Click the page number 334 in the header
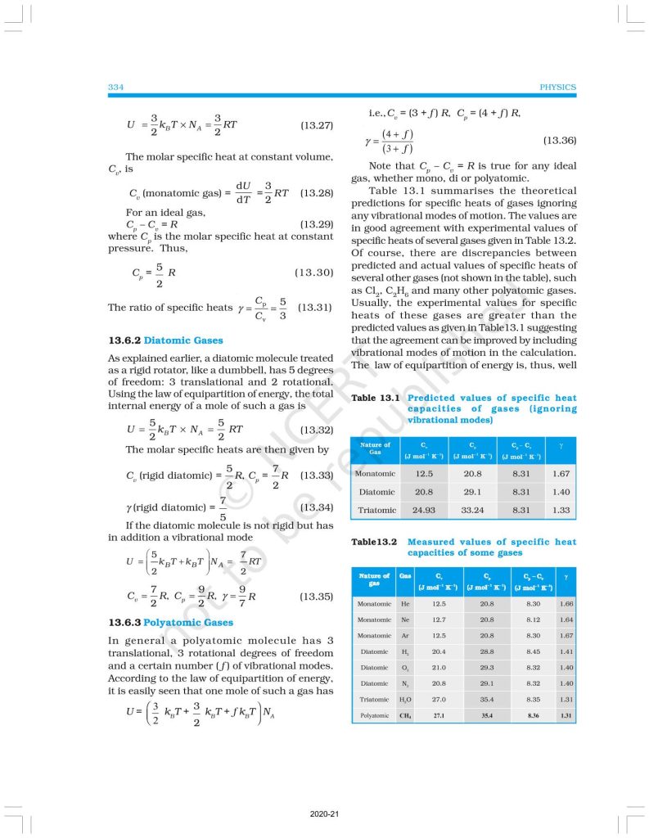(x=115, y=87)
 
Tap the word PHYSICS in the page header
(x=557, y=87)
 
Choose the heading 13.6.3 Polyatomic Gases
(x=171, y=622)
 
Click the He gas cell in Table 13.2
(x=405, y=604)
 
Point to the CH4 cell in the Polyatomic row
(x=405, y=715)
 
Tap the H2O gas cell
(x=405, y=700)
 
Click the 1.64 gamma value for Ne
(x=566, y=619)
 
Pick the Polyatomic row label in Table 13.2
(x=373, y=715)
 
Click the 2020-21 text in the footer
(x=324, y=814)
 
